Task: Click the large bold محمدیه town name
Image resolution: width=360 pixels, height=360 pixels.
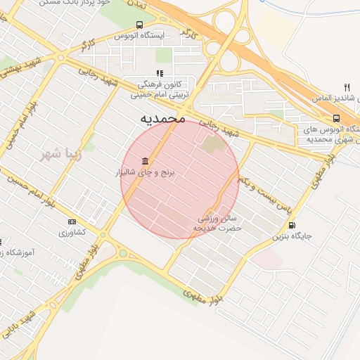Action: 162,118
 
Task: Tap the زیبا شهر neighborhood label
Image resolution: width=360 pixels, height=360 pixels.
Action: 61,154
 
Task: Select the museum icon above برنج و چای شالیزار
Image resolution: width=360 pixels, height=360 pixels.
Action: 145,161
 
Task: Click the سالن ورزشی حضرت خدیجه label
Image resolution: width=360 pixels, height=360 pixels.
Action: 219,224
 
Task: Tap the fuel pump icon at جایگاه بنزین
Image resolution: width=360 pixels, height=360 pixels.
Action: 291,225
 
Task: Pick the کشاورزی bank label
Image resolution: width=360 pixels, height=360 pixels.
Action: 71,232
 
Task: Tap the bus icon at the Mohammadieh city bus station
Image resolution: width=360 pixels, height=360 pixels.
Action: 336,118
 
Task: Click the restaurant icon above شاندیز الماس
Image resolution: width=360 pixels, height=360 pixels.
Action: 346,86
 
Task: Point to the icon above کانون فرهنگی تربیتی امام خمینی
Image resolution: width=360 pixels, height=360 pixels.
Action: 160,72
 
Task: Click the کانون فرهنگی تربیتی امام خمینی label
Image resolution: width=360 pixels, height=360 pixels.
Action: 157,87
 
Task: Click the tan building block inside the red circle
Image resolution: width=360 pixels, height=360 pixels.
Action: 211,146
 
